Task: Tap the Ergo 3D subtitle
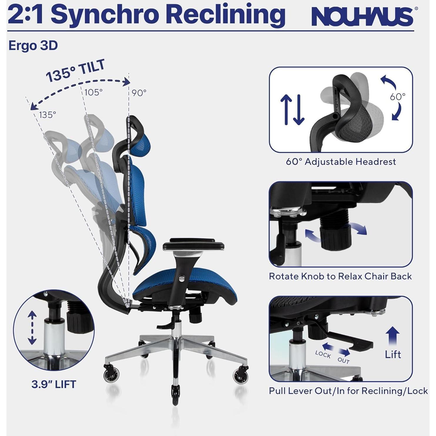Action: pos(33,46)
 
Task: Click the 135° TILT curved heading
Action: pos(76,71)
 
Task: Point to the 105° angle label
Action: pos(93,92)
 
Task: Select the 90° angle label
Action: pos(139,93)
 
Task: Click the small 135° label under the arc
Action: pos(47,115)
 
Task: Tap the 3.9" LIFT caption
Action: pos(54,384)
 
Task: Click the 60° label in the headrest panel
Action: pos(398,96)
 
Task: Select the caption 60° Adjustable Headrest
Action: pos(341,162)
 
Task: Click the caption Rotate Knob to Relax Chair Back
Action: pos(340,276)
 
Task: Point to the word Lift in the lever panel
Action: pos(393,354)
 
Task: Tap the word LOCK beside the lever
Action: pos(323,355)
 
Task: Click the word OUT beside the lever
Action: pos(343,360)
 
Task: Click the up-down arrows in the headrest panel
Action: pos(292,110)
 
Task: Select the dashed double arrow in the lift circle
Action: pos(32,328)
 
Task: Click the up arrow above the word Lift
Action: pos(393,336)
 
